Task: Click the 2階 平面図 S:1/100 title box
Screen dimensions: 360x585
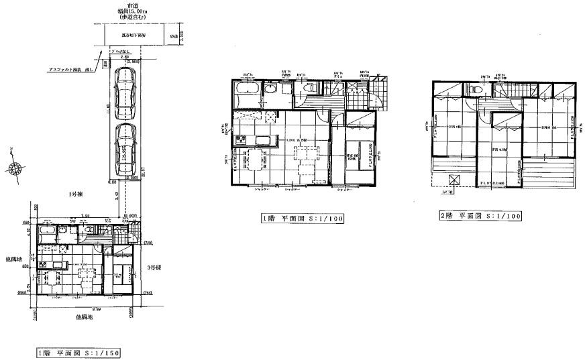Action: coord(479,216)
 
